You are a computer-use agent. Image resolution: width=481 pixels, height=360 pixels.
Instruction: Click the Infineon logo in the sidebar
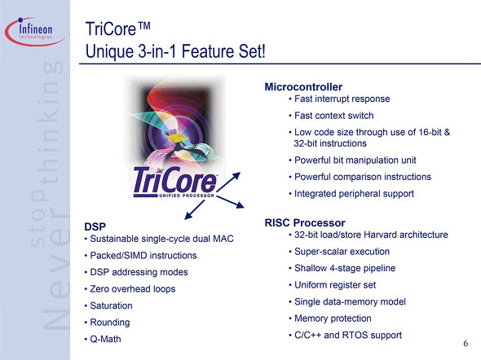34,31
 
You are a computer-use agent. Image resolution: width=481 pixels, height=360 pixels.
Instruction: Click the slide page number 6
466,343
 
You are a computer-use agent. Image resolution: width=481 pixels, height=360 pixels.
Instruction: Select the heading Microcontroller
303,87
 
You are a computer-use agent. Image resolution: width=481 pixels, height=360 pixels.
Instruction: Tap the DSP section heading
95,226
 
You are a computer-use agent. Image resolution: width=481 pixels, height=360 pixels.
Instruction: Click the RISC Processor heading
305,222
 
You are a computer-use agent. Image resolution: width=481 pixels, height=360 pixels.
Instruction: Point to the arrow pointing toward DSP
195,210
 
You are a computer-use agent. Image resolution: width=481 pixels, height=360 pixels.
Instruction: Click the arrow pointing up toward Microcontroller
228,182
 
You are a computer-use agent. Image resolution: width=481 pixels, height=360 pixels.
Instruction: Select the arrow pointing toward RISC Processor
231,202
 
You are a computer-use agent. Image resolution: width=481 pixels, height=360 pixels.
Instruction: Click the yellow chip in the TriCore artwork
179,138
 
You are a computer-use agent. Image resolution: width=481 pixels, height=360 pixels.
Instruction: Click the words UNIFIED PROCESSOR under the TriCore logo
187,195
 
